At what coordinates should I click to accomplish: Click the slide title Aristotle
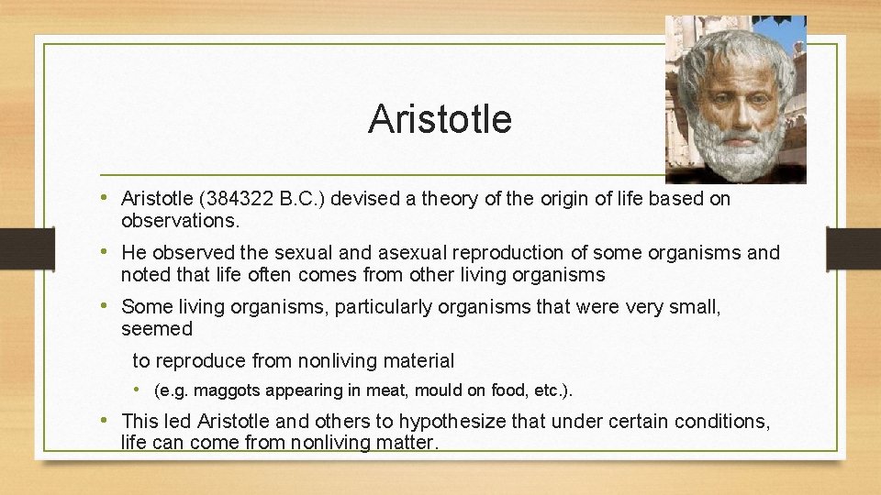(x=440, y=119)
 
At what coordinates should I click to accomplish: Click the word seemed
(x=157, y=328)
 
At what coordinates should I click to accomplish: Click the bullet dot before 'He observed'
(x=110, y=252)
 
